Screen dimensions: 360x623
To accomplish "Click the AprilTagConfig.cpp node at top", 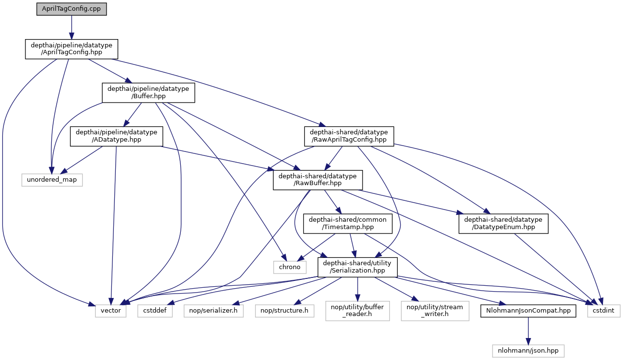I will pos(71,9).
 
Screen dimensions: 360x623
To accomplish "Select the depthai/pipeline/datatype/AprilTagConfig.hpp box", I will pos(71,49).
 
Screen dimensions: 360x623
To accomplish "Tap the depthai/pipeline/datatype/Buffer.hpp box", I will pos(148,92).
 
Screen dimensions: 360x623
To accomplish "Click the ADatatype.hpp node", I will pos(116,136).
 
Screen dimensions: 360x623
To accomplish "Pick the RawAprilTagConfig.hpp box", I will pos(348,136).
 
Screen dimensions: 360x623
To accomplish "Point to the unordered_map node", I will pos(52,180).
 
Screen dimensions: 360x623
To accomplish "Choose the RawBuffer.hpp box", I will pos(318,180).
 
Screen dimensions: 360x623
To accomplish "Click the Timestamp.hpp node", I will pos(347,223).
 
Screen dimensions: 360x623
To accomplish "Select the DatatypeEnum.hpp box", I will pos(503,223).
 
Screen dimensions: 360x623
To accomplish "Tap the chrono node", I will pos(289,267).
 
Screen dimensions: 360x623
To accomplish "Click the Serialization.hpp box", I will pos(358,267).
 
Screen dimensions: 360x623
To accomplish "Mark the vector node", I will pos(111,310).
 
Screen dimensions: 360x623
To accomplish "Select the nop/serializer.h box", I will pos(214,310).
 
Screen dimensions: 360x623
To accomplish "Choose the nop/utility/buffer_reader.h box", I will pos(358,310).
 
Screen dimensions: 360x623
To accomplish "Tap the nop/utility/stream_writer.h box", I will pos(435,310).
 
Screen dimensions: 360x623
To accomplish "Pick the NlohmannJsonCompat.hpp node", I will pos(527,310).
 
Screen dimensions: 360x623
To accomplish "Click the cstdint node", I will pos(604,310).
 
